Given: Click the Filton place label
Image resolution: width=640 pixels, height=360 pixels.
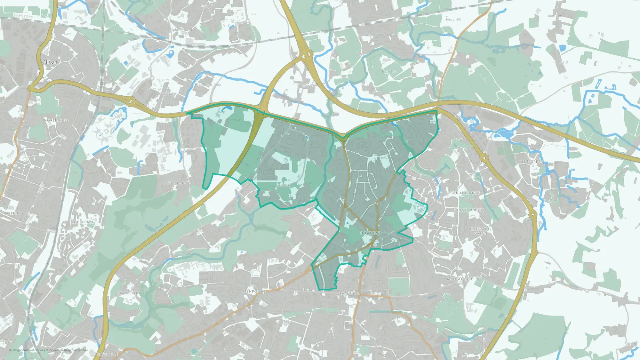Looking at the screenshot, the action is coord(50,62).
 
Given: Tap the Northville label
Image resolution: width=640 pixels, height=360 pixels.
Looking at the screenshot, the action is coord(56,120).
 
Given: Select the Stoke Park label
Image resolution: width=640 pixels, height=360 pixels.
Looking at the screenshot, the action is coord(175,183).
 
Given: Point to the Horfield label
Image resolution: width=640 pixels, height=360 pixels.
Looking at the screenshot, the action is coord(12,213).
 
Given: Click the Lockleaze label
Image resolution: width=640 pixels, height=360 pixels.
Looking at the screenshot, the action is coord(83,222).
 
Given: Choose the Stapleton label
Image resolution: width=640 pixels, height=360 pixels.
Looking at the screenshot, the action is coord(129,293).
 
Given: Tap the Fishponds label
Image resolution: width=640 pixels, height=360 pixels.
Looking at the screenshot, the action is coord(254,292).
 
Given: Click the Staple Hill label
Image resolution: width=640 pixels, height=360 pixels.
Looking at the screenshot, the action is coord(349,293).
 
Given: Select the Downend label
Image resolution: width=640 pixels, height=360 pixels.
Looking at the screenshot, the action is coord(371,233).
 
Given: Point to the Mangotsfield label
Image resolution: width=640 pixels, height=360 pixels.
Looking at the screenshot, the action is coord(462,279).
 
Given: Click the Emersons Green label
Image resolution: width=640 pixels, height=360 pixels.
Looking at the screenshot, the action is coord(481,231).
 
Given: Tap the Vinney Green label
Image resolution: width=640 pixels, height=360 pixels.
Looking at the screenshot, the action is coord(469,210).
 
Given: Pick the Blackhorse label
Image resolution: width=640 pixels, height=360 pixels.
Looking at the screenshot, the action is coord(468,193).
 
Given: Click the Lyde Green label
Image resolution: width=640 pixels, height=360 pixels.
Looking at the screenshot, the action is coord(531,162).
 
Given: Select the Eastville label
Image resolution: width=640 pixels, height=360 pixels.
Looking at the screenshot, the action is coord(108,354).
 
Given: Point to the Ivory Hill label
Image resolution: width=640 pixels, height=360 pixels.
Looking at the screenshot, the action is coord(453,20).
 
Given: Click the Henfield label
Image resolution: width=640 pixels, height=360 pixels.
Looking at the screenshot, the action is coord(561,62).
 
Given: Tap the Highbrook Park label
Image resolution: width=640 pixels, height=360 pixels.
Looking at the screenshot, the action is coord(208,85).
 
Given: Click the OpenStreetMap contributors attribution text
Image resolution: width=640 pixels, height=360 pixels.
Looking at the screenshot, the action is coord(69,350).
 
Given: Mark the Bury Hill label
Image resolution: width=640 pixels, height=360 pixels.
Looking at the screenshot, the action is coord(389,72).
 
